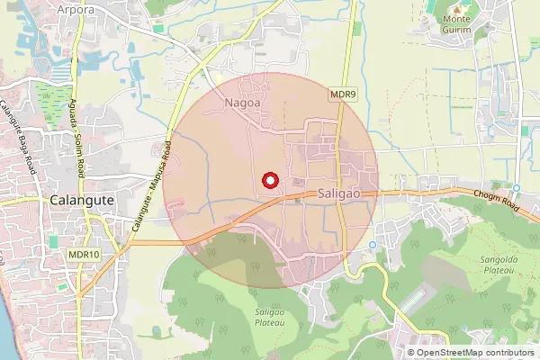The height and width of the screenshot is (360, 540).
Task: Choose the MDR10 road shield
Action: tap(82, 255)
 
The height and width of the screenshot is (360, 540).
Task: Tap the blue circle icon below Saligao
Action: tap(372, 245)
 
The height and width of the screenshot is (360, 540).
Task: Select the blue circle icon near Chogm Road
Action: tap(517, 187)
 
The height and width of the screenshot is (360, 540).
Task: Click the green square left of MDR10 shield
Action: tap(54, 242)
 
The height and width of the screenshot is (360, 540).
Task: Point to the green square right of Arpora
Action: tap(158, 28)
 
